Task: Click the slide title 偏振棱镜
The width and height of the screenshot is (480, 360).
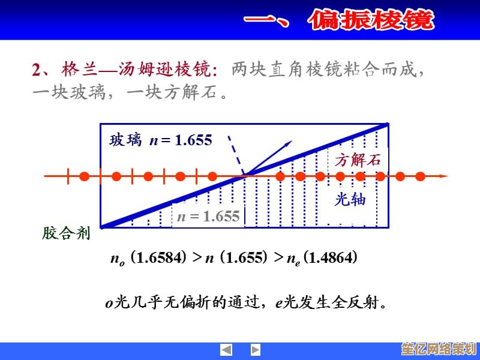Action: click(371, 21)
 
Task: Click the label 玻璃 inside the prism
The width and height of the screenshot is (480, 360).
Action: click(125, 140)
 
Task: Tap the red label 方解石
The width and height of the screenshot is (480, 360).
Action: click(358, 160)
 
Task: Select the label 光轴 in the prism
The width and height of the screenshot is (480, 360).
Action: click(350, 200)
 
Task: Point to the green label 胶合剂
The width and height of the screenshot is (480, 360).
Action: click(66, 233)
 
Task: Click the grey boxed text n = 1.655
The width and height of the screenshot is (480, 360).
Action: click(208, 217)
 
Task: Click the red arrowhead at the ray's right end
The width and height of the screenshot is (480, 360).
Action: click(443, 176)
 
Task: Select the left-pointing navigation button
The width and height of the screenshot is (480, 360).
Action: click(226, 350)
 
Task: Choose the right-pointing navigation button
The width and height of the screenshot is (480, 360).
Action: click(256, 350)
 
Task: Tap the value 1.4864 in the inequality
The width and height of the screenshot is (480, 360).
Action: click(330, 258)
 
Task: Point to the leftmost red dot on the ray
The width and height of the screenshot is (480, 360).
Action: click(85, 176)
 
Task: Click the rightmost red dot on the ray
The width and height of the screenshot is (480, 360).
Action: click(420, 176)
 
